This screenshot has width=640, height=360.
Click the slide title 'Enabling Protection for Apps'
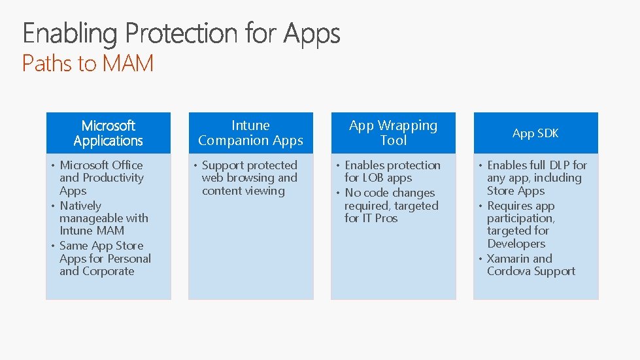181,33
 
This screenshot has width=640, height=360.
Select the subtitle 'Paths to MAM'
88,64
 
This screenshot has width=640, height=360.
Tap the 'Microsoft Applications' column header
108,133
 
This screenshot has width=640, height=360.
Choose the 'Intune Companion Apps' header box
250,133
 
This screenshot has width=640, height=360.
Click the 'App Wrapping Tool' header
393,133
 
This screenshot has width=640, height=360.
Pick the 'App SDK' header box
535,133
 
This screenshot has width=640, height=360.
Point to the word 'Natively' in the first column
80,206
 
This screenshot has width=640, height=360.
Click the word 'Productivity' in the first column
113,178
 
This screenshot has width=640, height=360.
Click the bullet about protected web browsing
249,178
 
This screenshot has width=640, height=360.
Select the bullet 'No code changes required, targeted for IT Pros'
391,206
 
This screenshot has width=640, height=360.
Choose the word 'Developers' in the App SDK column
516,244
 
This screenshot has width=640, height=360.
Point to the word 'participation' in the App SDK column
520,218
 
